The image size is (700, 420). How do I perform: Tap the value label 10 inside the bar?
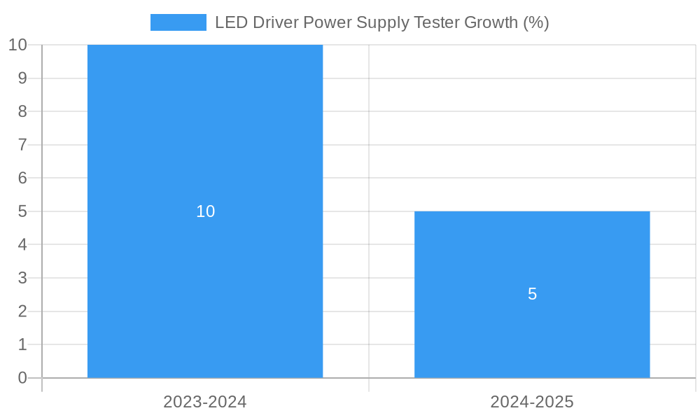coord(205,211)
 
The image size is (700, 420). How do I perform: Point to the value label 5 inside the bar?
coord(532,295)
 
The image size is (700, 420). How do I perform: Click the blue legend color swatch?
coord(178,22)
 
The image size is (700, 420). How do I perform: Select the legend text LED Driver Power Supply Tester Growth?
coord(381,22)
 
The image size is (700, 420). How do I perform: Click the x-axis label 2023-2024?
coord(205,402)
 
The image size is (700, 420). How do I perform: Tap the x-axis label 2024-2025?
coord(532,402)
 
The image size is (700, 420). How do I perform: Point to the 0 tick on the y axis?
coord(22,378)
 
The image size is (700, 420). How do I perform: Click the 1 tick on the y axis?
coord(22,344)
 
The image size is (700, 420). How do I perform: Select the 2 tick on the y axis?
coord(22,311)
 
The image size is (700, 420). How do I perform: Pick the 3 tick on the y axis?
coord(22,278)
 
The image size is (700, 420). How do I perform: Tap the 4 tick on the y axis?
coord(22,244)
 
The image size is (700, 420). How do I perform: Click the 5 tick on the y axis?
coord(22,211)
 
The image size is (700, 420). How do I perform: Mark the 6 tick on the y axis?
coord(22,178)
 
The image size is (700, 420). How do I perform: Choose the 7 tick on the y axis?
coord(22,145)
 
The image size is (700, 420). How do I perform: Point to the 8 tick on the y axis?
coord(22,111)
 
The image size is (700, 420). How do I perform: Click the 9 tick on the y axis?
coord(22,78)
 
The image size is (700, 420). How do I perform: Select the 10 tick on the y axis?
coord(17,45)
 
